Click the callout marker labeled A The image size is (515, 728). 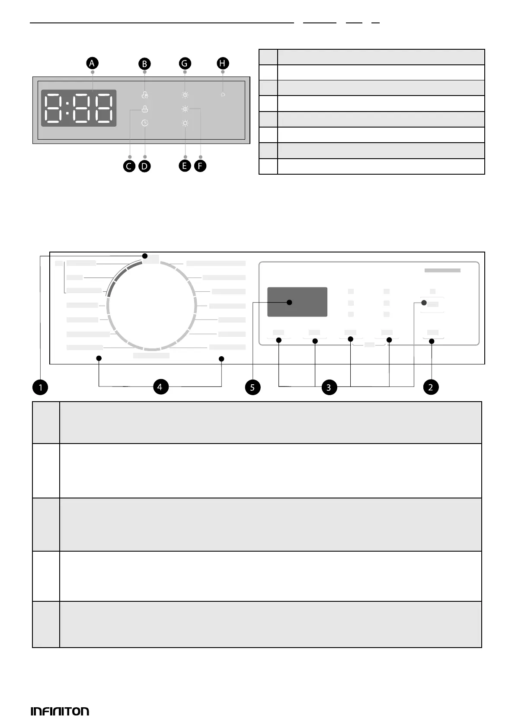click(92, 63)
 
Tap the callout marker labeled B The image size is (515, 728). click(144, 64)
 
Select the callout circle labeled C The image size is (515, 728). click(129, 166)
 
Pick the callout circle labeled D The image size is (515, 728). click(145, 166)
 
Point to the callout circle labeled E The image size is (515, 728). click(185, 166)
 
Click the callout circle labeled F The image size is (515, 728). click(200, 166)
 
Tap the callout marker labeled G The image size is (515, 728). click(185, 63)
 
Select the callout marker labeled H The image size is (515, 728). click(222, 63)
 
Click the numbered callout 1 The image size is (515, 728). click(40, 387)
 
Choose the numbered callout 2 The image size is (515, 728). click(431, 387)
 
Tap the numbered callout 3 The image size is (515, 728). click(329, 387)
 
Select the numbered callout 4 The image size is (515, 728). click(160, 386)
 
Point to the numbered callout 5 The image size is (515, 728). click(253, 387)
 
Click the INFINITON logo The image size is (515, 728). click(60, 711)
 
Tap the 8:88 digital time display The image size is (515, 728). click(79, 108)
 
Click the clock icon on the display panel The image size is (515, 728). click(145, 123)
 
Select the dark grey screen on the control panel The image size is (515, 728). click(297, 302)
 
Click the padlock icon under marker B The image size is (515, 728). click(145, 95)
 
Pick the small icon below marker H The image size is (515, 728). click(223, 95)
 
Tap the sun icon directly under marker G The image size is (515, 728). click(185, 95)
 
